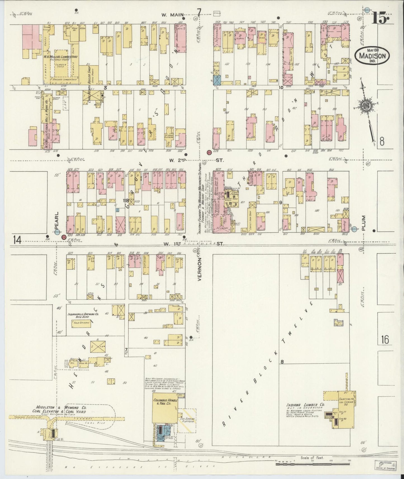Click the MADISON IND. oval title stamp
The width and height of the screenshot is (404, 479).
pyautogui.click(x=372, y=56)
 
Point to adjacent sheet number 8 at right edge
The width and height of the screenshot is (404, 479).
pyautogui.click(x=382, y=142)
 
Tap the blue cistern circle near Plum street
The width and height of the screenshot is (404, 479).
pyautogui.click(x=355, y=229)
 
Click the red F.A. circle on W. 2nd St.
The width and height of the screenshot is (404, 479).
pyautogui.click(x=209, y=152)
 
